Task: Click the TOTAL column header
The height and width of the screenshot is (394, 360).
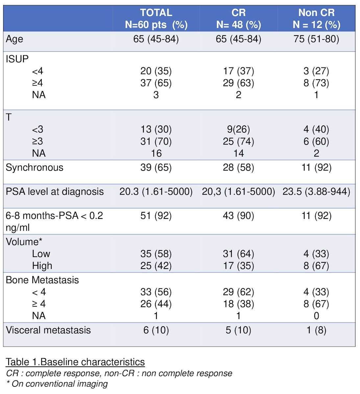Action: tap(156, 18)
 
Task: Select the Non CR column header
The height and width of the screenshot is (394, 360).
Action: tap(316, 18)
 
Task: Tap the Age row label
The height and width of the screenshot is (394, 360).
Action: tap(14, 39)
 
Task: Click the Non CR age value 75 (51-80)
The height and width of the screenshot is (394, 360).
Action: tap(316, 39)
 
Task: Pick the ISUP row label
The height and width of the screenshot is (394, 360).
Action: tap(17, 59)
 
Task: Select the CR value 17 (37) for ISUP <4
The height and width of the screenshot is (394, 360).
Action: tap(238, 71)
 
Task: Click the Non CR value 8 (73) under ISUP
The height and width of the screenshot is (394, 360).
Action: tap(316, 83)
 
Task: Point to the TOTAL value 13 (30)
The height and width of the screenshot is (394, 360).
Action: tap(156, 129)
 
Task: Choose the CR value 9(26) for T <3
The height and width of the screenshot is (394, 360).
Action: tap(238, 129)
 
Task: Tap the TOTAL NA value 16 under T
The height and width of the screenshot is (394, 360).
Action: tap(156, 153)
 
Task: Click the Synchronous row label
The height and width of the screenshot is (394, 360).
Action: tap(35, 168)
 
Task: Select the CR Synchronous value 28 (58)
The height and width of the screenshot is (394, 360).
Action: tap(238, 168)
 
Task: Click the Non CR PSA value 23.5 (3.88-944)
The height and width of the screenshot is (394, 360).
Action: tap(316, 192)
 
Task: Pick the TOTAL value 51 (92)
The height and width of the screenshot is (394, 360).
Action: tap(156, 216)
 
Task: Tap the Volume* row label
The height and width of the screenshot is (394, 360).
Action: tap(24, 242)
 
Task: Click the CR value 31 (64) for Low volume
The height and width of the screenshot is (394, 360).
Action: tap(238, 254)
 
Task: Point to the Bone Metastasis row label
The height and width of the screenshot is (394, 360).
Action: tap(42, 280)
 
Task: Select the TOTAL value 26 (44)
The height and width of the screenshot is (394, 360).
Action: tap(156, 304)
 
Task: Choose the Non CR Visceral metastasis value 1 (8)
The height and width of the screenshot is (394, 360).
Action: tap(316, 330)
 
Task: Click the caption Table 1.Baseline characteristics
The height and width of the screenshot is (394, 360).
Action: tap(75, 362)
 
